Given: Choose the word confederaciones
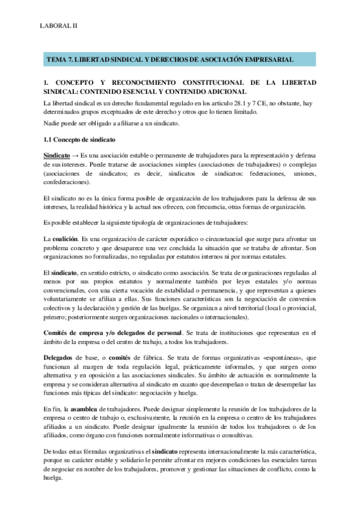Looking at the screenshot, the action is pyautogui.click(x=67, y=181).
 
